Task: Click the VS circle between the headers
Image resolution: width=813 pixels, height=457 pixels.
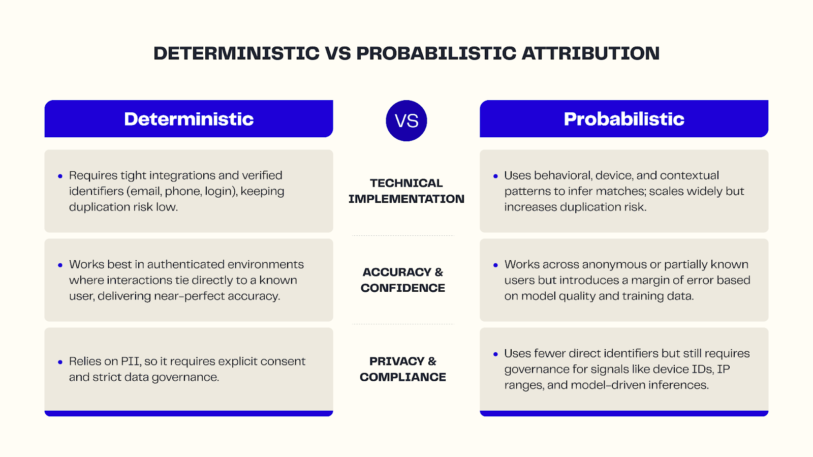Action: [407, 120]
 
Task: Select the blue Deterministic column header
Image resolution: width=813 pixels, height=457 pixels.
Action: [189, 119]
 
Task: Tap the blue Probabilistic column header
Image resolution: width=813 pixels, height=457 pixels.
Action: [624, 119]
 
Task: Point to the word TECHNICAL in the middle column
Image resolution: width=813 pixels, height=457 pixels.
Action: [406, 183]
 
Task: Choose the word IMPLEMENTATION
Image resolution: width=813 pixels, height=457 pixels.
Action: [406, 199]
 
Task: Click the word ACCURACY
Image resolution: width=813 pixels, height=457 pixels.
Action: [396, 272]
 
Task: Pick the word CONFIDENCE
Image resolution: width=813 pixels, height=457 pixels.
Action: [402, 288]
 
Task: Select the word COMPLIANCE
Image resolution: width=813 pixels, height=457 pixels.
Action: [402, 377]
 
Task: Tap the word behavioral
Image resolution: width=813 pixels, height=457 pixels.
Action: [562, 175]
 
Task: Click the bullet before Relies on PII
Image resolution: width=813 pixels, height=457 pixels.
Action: [60, 362]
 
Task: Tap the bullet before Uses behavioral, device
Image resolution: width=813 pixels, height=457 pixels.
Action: [495, 176]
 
